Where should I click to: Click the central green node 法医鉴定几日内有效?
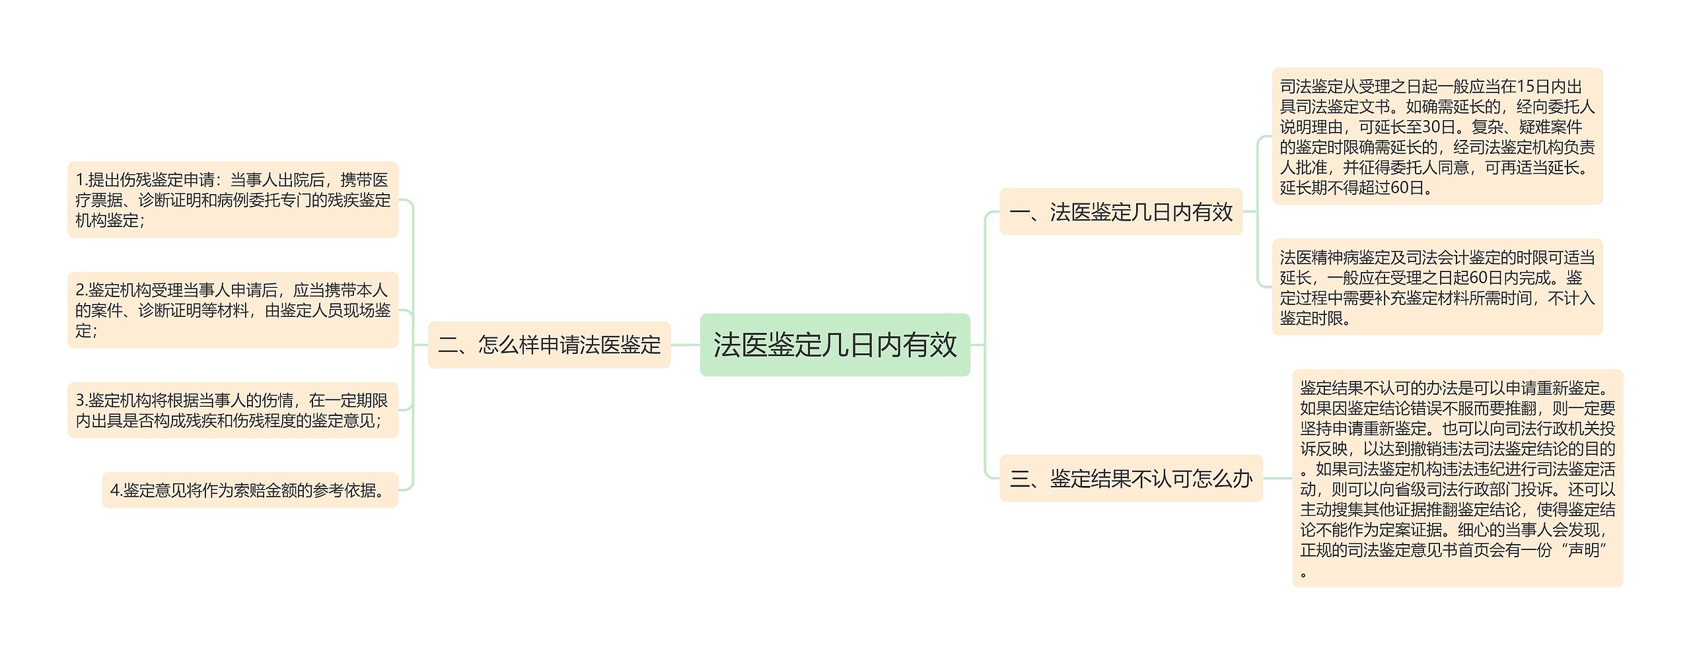[x=834, y=345]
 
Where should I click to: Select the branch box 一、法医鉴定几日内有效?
[x=1120, y=212]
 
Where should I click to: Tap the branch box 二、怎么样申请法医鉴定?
[x=549, y=345]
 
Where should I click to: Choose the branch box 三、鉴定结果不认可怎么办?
[x=1130, y=478]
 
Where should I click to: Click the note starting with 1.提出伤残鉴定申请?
[x=233, y=199]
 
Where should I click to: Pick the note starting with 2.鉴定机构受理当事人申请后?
[x=233, y=310]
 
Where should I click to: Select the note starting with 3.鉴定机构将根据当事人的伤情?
[x=233, y=410]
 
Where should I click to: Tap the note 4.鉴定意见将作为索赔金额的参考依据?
[x=250, y=490]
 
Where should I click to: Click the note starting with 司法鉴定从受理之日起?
[x=1437, y=136]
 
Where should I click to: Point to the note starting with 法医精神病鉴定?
[x=1437, y=287]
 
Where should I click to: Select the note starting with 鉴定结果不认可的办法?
[x=1457, y=478]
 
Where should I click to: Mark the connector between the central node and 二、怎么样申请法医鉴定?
[x=685, y=345]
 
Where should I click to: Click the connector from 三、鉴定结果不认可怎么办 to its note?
[x=1277, y=478]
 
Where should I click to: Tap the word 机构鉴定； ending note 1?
[x=110, y=221]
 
